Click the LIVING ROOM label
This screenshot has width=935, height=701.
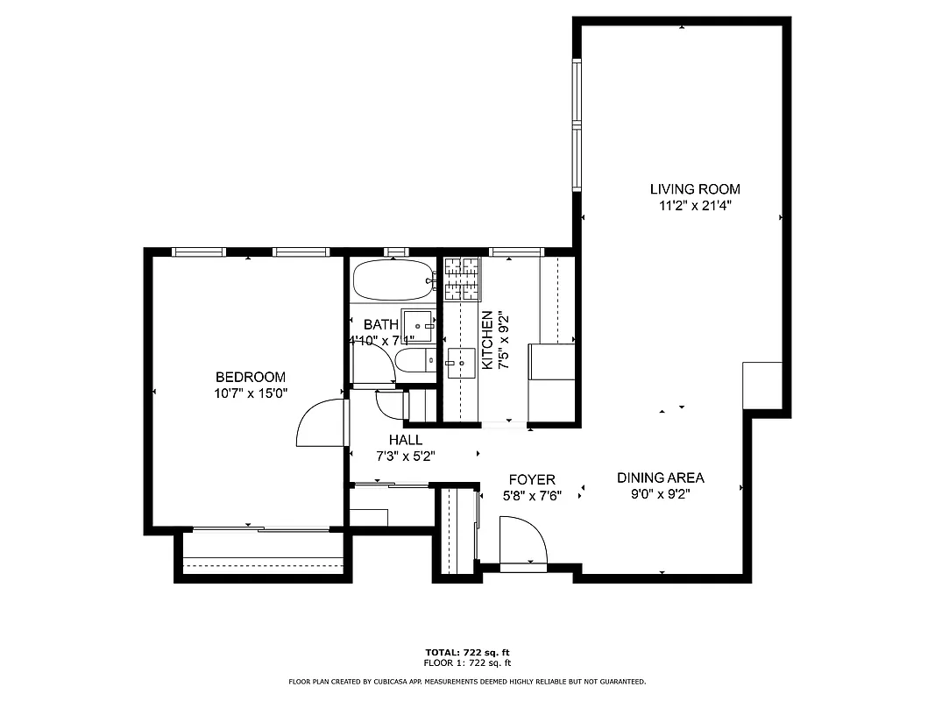(x=694, y=188)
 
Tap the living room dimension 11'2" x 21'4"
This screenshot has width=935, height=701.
(x=694, y=206)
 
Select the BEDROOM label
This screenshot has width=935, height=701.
(x=250, y=377)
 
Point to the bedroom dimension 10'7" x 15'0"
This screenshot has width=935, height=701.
(x=251, y=394)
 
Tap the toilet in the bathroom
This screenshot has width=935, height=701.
(x=413, y=359)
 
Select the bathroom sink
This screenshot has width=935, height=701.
(x=418, y=325)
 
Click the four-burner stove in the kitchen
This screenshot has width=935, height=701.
(x=462, y=279)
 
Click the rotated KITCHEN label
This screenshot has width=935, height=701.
(x=486, y=340)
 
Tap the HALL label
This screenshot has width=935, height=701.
(x=406, y=440)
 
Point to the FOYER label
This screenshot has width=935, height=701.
(x=532, y=479)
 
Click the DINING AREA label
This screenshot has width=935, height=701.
(x=660, y=478)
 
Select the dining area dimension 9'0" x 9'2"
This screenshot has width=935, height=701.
(x=660, y=495)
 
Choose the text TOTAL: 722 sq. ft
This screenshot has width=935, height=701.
(x=467, y=653)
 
